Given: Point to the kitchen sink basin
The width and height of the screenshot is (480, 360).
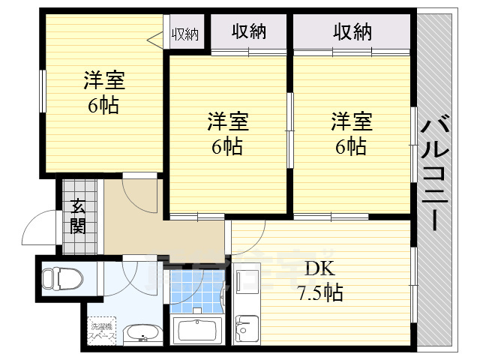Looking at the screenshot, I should [x=244, y=327].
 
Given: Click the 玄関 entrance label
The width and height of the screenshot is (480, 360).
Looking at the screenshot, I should [x=77, y=217].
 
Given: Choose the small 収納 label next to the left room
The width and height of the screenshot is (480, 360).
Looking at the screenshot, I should [x=185, y=34].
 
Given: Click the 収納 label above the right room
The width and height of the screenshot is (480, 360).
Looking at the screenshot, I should [x=352, y=31].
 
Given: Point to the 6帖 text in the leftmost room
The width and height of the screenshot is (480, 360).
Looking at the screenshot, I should [x=103, y=105].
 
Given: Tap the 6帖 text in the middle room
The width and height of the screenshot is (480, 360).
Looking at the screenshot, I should [x=227, y=146].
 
